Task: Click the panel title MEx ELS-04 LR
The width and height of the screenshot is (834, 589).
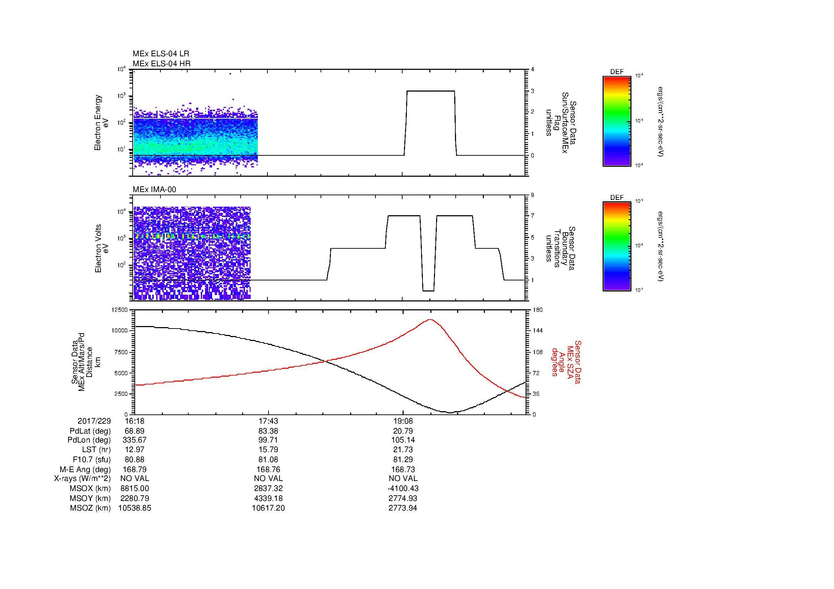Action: tap(160, 54)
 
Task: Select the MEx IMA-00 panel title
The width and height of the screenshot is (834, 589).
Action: tap(154, 190)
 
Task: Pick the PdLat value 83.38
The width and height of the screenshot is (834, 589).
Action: tap(268, 431)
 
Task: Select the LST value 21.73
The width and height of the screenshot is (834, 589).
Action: tap(403, 449)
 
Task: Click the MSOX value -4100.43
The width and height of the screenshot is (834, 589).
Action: tap(403, 489)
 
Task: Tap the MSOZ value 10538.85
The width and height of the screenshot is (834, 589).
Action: tap(134, 508)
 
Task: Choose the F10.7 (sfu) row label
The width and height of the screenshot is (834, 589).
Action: tap(92, 459)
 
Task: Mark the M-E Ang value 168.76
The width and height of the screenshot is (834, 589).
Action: tap(268, 469)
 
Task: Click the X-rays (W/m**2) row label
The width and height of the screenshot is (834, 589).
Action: tap(82, 479)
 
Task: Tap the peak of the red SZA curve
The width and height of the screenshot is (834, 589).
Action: tap(430, 320)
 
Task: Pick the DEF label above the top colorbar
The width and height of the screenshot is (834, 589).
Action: tap(617, 72)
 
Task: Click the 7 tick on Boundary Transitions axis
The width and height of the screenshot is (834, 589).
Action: tap(532, 216)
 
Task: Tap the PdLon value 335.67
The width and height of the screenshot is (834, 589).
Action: tap(134, 440)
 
